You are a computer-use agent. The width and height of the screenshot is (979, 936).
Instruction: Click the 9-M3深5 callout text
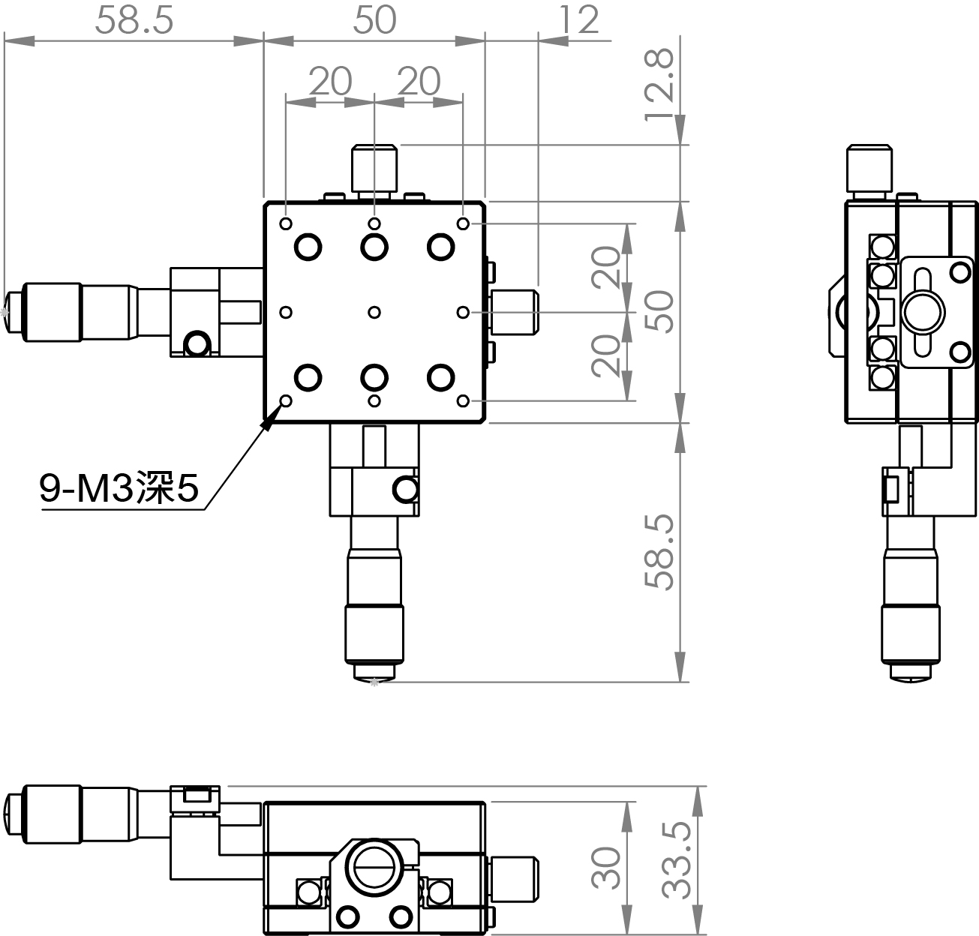[119, 487]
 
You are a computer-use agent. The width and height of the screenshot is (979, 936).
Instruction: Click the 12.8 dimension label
[659, 85]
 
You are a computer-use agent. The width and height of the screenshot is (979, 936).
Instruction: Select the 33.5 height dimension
[677, 860]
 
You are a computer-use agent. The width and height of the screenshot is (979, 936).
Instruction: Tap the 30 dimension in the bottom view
[606, 868]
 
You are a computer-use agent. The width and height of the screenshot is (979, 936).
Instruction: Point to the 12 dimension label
[579, 20]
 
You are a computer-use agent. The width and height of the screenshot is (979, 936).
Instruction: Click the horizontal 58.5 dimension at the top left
[134, 20]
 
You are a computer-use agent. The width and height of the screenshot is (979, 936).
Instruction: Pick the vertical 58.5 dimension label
[659, 552]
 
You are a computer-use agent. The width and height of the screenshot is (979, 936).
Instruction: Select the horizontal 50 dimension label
[375, 20]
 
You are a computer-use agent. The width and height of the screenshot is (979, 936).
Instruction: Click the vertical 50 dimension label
[659, 311]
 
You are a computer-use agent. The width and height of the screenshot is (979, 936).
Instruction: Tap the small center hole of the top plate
[374, 312]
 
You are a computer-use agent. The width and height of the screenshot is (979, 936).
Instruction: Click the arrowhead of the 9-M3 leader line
[269, 419]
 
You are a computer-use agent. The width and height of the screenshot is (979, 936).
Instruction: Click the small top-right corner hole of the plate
[464, 223]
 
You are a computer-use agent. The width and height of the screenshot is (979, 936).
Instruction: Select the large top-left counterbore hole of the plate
[308, 247]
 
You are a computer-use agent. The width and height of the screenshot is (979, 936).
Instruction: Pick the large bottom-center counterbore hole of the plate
[374, 378]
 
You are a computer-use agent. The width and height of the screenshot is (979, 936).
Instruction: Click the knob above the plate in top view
[374, 169]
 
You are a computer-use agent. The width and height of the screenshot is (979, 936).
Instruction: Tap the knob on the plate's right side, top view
[514, 312]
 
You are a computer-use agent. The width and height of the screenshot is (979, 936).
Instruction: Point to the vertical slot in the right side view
[923, 312]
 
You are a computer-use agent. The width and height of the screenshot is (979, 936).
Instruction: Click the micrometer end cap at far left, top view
[13, 312]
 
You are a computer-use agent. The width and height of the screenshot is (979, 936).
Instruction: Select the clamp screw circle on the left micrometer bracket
[197, 344]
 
